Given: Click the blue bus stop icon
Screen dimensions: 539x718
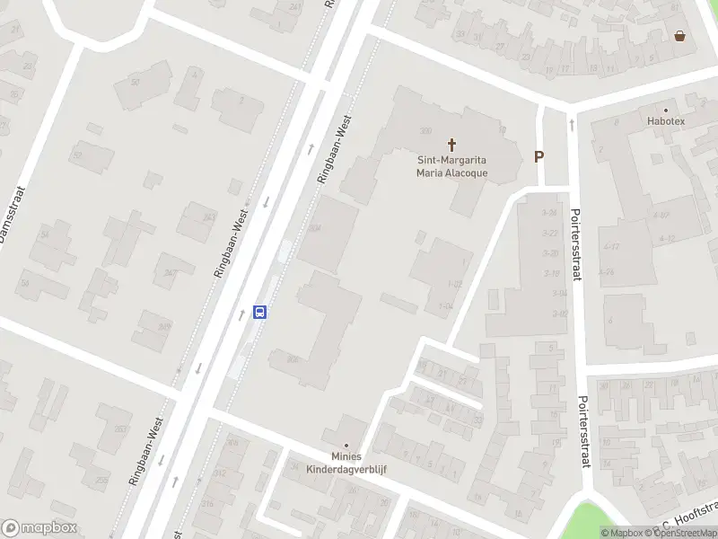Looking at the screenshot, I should pyautogui.click(x=260, y=313).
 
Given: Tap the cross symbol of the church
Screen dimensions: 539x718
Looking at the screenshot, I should pyautogui.click(x=452, y=144).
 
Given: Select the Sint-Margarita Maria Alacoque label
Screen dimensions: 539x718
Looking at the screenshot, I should pyautogui.click(x=451, y=167).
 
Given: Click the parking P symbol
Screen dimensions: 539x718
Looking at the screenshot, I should pyautogui.click(x=539, y=156).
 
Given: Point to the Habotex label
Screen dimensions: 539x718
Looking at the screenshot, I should pyautogui.click(x=666, y=120).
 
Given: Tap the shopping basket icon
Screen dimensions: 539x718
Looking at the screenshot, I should pyautogui.click(x=680, y=36).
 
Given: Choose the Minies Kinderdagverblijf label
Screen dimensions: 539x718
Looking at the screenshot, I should pyautogui.click(x=346, y=463).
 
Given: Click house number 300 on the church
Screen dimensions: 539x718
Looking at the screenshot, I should pyautogui.click(x=425, y=130).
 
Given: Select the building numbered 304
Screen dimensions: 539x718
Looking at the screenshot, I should pyautogui.click(x=314, y=228).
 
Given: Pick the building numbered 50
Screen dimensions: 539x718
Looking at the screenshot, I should pyautogui.click(x=136, y=83).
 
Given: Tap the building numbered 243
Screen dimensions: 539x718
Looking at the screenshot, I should pyautogui.click(x=208, y=217).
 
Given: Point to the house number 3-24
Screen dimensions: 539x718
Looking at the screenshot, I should pyautogui.click(x=550, y=213).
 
